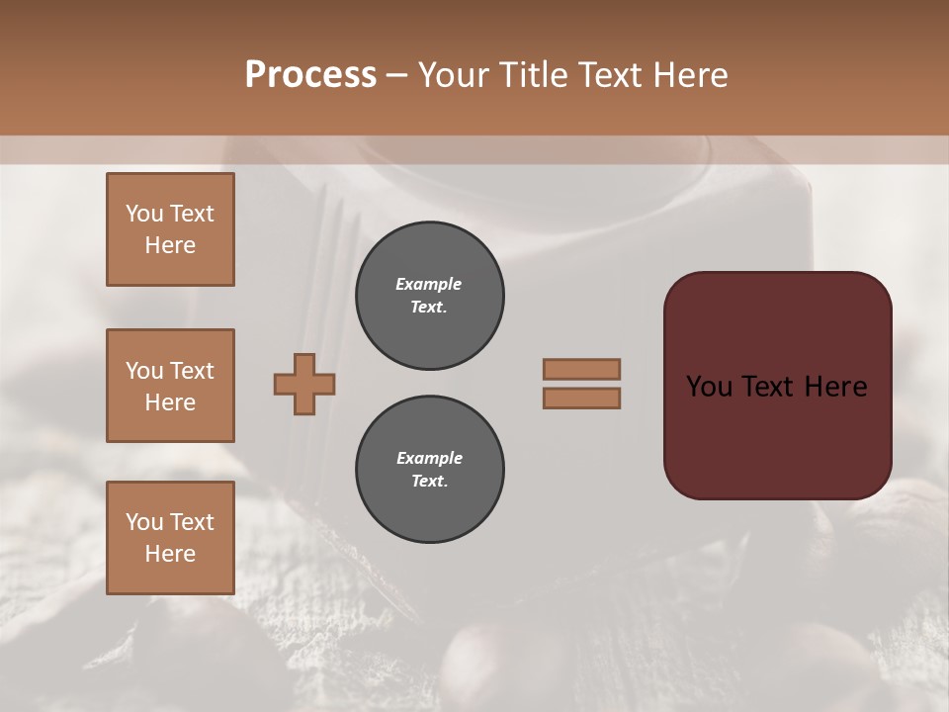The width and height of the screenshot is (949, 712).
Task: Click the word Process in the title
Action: pos(310,74)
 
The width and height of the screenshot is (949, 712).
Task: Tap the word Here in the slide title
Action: pos(689,74)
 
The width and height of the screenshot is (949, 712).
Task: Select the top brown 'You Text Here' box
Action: pos(170,229)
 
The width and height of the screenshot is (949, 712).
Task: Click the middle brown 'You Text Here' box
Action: pos(170,386)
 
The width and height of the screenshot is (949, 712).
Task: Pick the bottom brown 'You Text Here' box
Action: pos(170,538)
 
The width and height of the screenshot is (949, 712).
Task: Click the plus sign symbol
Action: pos(304,384)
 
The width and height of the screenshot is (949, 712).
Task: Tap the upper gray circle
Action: pos(429,296)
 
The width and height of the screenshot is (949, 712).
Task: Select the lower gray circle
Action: pos(429,470)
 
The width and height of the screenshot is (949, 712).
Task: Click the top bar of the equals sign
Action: pos(581,369)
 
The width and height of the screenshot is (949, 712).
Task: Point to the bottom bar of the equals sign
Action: pos(581,398)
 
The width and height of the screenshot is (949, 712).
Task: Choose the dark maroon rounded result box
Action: pos(777,435)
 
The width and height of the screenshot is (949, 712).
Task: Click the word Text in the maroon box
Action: pos(768,386)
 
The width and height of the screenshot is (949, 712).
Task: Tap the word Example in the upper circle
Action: pos(429,284)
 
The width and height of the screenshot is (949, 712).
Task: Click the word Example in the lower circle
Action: pos(429,458)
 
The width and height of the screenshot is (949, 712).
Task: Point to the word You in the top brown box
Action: pos(144,214)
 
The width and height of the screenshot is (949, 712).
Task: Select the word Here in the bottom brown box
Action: pos(170,554)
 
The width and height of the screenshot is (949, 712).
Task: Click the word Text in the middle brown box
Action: pos(191,371)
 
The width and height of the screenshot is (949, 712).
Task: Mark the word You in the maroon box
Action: pos(708,386)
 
